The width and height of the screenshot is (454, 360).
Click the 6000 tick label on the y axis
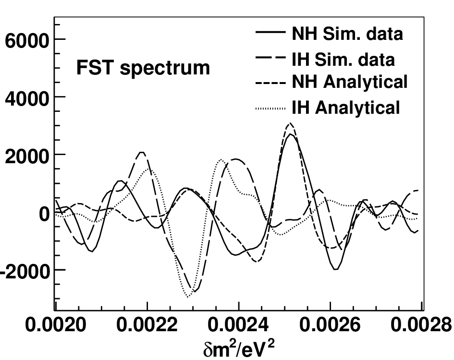(26, 40)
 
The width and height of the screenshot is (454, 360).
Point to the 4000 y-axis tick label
(26, 99)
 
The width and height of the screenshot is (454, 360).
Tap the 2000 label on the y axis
(26, 156)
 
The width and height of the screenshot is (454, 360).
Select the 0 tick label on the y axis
(44, 214)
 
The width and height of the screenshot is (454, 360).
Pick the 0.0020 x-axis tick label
(56, 324)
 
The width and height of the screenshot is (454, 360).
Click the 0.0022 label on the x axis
(147, 324)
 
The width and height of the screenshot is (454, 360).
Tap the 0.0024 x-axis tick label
(238, 324)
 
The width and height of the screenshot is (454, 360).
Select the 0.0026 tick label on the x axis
(330, 324)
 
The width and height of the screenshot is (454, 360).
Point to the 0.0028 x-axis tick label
(421, 324)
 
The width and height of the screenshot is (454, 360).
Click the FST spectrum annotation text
(143, 68)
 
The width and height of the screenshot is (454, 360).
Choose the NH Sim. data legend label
(347, 34)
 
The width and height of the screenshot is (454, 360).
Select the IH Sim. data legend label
(343, 60)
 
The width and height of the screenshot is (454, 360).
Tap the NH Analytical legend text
(349, 82)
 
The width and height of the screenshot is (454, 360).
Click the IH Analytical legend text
(346, 108)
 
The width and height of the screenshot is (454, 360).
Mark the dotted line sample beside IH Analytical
(270, 109)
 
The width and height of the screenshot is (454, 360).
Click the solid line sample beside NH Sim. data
(270, 32)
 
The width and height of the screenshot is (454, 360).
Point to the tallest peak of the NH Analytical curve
(290, 123)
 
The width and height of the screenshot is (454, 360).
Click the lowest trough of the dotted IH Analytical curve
(188, 297)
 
